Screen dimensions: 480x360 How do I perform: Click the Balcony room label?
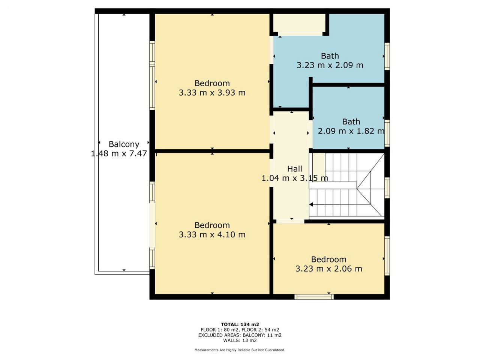[124, 144]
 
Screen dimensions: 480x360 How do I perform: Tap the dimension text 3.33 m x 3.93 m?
[212, 93]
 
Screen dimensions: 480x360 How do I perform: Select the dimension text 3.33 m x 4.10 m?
[212, 234]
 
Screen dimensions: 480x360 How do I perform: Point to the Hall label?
[294, 169]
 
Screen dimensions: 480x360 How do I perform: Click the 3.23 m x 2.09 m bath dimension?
[330, 65]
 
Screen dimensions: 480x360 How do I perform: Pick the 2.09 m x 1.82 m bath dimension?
[351, 131]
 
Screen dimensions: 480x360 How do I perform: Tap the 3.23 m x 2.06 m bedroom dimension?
[328, 268]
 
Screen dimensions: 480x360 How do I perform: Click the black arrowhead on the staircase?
[311, 205]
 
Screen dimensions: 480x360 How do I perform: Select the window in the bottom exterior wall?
[314, 297]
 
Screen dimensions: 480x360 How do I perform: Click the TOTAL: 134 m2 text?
[240, 324]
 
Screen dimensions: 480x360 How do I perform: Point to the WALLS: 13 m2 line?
[240, 340]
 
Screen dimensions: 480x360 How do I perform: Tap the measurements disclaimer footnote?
[240, 350]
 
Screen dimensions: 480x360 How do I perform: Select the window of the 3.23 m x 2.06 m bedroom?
[387, 256]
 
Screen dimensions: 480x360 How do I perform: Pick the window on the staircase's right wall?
[387, 188]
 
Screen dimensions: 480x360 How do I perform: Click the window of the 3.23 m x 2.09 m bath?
[387, 56]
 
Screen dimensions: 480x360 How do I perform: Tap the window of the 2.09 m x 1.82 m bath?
[387, 133]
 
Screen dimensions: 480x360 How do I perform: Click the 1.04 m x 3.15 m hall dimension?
[295, 178]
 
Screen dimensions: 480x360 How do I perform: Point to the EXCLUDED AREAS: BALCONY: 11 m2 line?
[240, 335]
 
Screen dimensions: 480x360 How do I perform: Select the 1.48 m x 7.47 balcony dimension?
[119, 153]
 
